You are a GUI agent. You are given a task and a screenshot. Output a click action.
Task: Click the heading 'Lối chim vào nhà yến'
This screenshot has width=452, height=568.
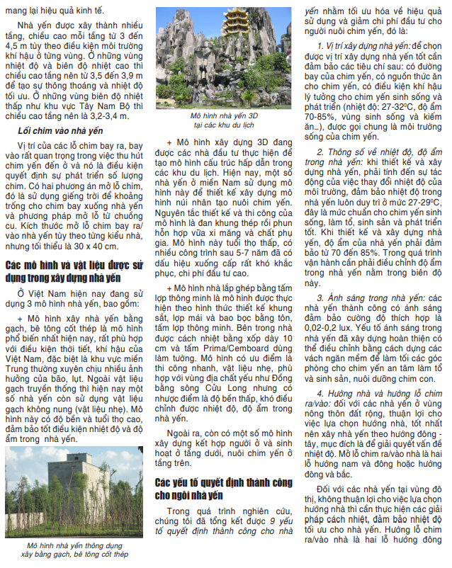click(60, 131)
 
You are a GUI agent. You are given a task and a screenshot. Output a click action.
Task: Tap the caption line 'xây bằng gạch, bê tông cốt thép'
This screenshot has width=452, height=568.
click(74, 555)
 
